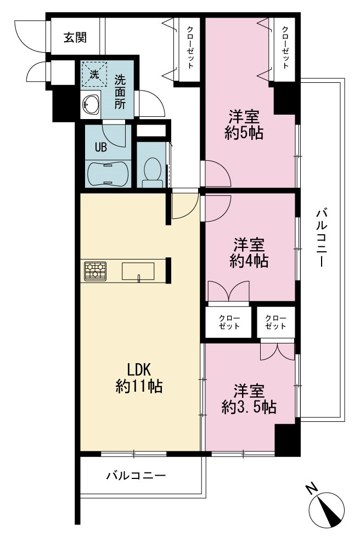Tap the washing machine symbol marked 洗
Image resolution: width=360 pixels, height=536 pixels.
coord(94,74)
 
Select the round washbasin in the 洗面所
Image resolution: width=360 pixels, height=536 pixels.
coord(91,104)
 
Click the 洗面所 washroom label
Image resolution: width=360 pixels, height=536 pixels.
coord(120,92)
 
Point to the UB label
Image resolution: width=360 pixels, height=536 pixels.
coord(100,147)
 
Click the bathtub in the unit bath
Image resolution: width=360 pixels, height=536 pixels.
coord(108,174)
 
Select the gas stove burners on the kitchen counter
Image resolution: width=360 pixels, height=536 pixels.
coord(95,271)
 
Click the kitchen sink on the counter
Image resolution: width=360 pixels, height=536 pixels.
coord(138,272)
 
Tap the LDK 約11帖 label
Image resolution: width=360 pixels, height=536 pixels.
coord(138,378)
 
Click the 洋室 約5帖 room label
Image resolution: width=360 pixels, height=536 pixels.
coord(244,125)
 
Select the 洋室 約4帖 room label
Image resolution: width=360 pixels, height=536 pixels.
coord(249,252)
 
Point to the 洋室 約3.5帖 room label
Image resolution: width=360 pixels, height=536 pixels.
coord(249,399)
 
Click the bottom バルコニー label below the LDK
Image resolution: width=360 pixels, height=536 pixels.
coord(136,475)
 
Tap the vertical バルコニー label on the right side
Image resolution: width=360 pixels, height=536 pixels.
coord(322,238)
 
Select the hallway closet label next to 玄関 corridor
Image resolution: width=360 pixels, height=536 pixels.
coord(190,47)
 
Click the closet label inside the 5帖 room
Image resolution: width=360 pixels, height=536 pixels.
coord(285,47)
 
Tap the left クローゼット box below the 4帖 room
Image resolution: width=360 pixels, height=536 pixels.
coord(229,322)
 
